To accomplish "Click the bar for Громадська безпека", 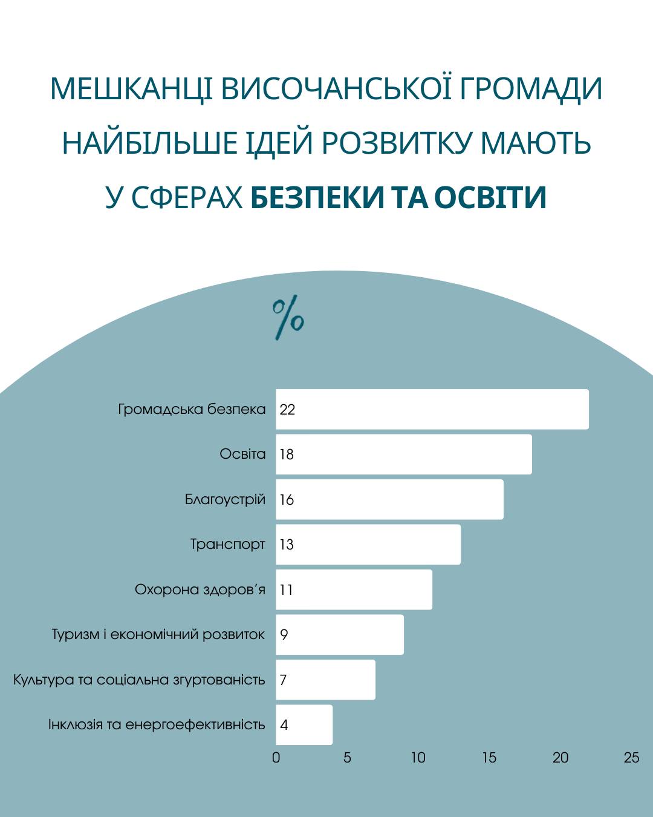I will click(432, 409).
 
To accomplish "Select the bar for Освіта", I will click(404, 454).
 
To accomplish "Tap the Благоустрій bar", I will click(389, 499).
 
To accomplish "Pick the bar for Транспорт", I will click(368, 545).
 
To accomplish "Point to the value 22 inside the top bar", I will click(287, 410).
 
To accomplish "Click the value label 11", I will click(286, 590).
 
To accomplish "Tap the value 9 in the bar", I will click(284, 635).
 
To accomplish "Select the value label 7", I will click(283, 680).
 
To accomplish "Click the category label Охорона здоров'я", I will click(200, 589).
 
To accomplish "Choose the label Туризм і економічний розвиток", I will click(158, 634).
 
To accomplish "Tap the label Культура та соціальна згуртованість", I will click(139, 680).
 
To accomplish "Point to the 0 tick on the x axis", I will click(276, 758).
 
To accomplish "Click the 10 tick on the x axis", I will click(418, 758).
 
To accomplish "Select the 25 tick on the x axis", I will click(631, 758).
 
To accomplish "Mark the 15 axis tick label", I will click(489, 758).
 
